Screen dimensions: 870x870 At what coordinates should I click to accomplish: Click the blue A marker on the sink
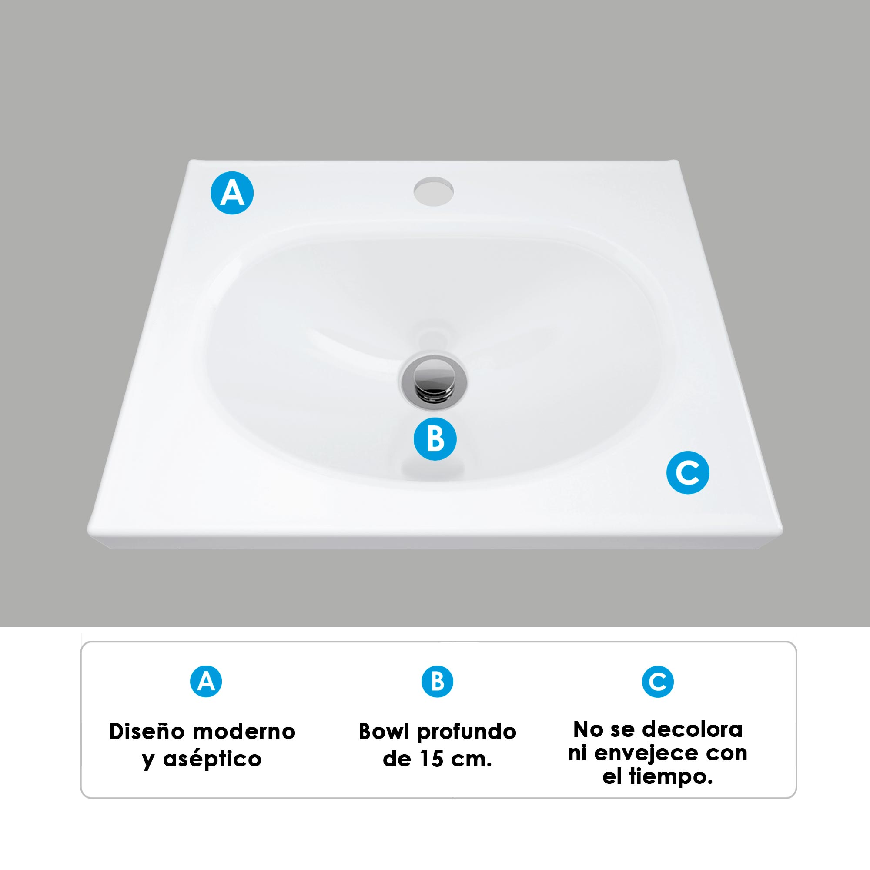coord(232,193)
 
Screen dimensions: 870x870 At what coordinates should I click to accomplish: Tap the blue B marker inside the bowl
coord(435,439)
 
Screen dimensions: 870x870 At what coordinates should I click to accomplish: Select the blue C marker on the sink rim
coord(688,473)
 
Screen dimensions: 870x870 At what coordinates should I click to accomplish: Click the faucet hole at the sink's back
coord(434,191)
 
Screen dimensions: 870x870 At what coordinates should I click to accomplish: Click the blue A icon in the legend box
coord(206,681)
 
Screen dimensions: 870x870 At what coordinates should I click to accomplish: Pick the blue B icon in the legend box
coord(437,681)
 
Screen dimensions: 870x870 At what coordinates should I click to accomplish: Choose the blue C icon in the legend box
coord(657,682)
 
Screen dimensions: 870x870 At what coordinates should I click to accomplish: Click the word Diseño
coord(147,732)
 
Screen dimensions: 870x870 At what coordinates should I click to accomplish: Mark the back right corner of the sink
coord(677,161)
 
